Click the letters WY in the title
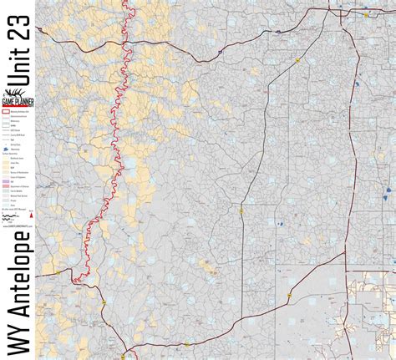point(18,334)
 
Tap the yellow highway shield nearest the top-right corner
point(366,14)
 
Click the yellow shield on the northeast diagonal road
point(297,58)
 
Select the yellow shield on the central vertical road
point(241,210)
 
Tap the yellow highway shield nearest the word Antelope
point(104,302)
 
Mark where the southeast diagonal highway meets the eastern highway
point(345,253)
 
